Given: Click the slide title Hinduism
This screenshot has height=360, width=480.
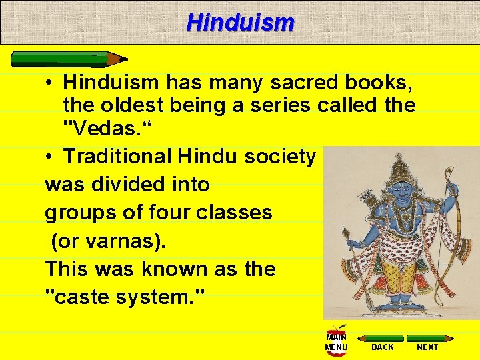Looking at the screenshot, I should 240,23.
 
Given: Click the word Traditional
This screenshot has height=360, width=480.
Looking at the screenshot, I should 117,157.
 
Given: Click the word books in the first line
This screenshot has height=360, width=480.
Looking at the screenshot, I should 381,84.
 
